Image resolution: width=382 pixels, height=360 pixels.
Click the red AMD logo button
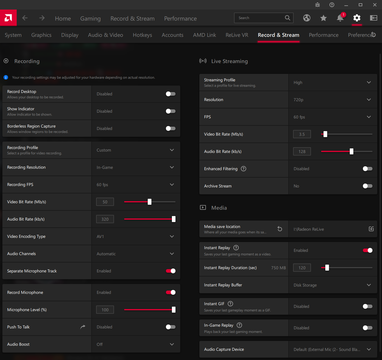tap(8, 18)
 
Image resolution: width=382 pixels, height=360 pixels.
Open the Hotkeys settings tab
tap(142, 35)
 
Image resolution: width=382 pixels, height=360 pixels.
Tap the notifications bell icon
tap(340, 18)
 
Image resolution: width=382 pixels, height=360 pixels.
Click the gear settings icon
tap(357, 18)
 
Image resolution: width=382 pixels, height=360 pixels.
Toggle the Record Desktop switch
tap(171, 94)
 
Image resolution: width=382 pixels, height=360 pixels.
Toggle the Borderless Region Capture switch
tap(171, 128)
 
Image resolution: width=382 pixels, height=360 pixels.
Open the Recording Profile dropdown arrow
tap(172, 150)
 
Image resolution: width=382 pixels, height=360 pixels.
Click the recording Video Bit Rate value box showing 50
tap(105, 202)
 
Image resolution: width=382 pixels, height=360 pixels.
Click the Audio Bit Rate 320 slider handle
tap(173, 219)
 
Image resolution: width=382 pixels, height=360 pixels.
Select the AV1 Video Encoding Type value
tap(100, 237)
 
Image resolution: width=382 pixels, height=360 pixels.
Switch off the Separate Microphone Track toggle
tap(171, 271)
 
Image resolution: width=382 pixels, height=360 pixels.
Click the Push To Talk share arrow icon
tap(83, 327)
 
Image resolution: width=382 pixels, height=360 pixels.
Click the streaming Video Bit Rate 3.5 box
tap(302, 134)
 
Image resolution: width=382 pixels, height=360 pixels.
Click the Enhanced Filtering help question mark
tap(244, 169)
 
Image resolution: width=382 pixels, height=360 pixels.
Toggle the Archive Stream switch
tap(368, 186)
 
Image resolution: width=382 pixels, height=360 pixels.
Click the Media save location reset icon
tap(280, 229)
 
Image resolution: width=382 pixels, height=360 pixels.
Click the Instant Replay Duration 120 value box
tap(302, 268)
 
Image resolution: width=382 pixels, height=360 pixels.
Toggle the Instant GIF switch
tap(368, 306)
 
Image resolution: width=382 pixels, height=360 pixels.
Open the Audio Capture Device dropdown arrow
tap(369, 350)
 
